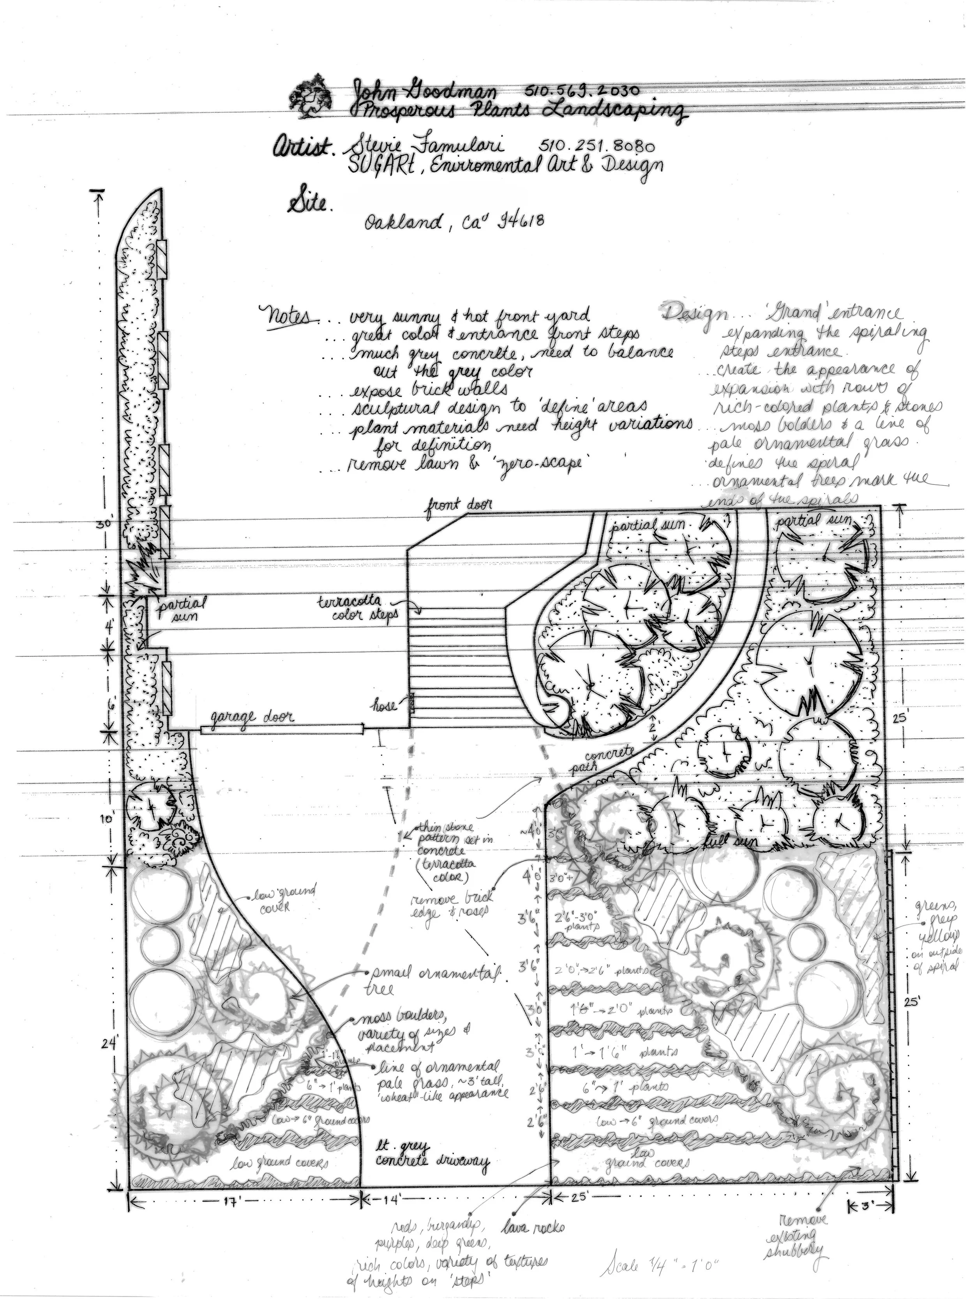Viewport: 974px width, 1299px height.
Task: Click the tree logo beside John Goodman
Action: tap(314, 97)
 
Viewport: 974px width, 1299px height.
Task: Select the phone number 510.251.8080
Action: tap(596, 145)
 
